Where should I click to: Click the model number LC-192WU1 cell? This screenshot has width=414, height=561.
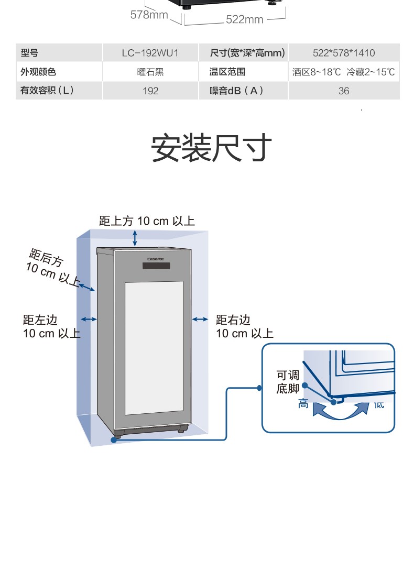pos(150,53)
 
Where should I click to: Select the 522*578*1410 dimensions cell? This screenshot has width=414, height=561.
pos(343,53)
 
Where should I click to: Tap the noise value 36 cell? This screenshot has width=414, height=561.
pos(343,91)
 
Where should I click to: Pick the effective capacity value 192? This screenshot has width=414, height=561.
pos(150,91)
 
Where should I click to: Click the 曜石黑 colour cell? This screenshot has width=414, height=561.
pos(150,72)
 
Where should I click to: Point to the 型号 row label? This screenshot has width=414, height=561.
pos(29,53)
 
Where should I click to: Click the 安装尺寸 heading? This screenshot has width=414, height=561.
pos(211,147)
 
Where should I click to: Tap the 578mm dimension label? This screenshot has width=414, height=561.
pos(149,15)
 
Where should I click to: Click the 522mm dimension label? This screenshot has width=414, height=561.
pos(244,19)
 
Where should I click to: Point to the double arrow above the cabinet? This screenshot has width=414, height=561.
pos(135,238)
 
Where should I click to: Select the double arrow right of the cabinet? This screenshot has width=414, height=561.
pos(200,319)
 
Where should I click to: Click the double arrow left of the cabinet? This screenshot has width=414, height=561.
pos(89,319)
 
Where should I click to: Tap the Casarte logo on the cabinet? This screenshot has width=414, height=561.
pos(156,259)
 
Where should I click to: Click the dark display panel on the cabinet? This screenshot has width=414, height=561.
pos(156,266)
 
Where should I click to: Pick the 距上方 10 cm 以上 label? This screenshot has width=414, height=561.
pos(147,221)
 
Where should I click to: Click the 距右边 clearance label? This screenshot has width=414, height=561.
pos(244,327)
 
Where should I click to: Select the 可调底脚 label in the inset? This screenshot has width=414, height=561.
pos(288,382)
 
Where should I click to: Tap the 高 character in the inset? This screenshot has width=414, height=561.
pos(303,404)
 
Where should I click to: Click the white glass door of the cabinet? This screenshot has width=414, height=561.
pos(154,348)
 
